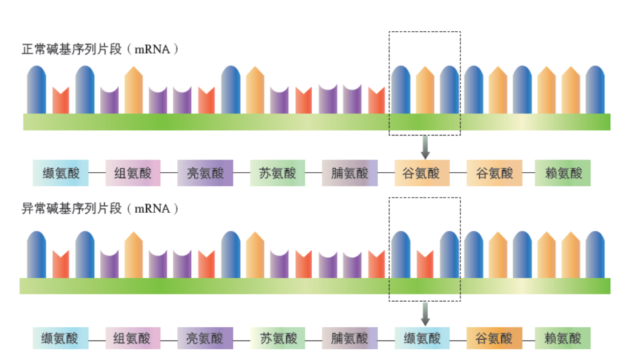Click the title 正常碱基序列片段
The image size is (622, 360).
click(x=71, y=49)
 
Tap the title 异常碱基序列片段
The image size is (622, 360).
click(x=71, y=209)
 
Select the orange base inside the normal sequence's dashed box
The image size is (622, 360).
click(x=425, y=90)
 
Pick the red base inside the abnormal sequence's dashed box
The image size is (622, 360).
click(x=425, y=264)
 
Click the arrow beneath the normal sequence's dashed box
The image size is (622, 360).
click(x=425, y=147)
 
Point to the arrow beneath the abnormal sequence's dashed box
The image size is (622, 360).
click(x=425, y=314)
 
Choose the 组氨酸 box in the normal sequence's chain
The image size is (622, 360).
click(x=133, y=173)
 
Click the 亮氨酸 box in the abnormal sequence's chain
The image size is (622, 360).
click(x=205, y=338)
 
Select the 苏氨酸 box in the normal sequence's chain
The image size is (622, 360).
click(x=277, y=173)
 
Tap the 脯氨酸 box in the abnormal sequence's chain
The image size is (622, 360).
click(x=349, y=338)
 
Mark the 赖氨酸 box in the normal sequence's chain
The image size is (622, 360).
click(x=562, y=173)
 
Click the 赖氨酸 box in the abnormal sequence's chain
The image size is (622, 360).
click(x=562, y=338)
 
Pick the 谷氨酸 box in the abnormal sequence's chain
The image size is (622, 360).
click(x=494, y=338)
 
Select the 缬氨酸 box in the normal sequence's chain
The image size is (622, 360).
click(x=61, y=173)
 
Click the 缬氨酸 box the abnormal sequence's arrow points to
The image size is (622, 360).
click(x=422, y=338)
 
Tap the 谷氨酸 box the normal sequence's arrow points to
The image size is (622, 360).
click(x=422, y=173)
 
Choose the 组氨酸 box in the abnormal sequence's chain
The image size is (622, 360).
click(x=133, y=338)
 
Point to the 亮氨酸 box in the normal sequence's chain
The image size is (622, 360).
click(x=205, y=173)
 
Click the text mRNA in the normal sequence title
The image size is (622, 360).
click(x=152, y=50)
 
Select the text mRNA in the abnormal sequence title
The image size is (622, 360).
click(x=152, y=209)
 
